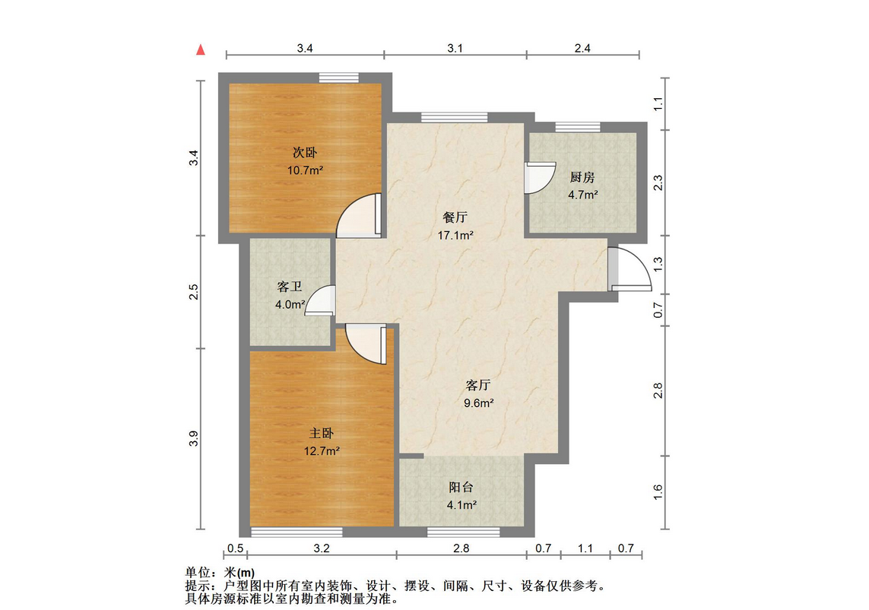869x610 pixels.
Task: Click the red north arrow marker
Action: [201, 50]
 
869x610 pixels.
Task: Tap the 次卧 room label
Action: [305, 152]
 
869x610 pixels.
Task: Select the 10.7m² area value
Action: [305, 170]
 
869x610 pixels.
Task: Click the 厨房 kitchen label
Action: [582, 177]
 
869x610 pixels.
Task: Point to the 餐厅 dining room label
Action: [455, 217]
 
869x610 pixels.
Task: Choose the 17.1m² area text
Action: [455, 235]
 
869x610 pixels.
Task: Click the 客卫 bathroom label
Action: [290, 286]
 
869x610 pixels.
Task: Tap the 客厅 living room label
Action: [477, 385]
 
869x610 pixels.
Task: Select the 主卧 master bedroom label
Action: [322, 433]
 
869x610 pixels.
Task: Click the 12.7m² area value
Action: [322, 451]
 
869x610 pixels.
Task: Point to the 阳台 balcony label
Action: [461, 487]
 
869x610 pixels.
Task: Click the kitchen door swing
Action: [541, 178]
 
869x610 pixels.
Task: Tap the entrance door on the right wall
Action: [630, 269]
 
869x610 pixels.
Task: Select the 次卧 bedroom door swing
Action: [359, 215]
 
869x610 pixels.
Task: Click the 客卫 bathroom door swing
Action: [320, 300]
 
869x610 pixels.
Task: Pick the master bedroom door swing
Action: [366, 344]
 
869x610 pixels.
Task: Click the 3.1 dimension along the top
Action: [455, 48]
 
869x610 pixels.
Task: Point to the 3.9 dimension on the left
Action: [193, 439]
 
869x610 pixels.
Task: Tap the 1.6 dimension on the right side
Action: [658, 492]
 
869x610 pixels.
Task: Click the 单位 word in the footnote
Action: [198, 572]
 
